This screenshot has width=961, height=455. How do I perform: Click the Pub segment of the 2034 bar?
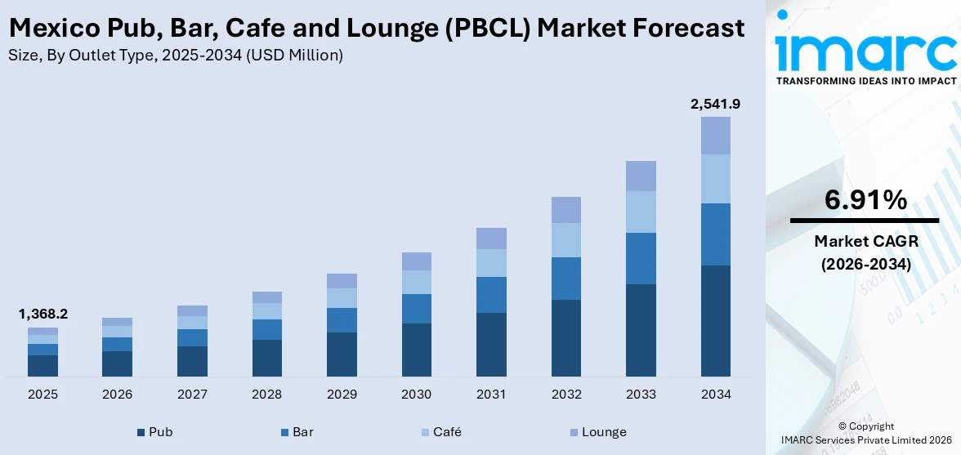click(716, 320)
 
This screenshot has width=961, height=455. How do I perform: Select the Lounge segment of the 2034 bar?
click(716, 136)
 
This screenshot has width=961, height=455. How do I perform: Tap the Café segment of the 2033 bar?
click(641, 212)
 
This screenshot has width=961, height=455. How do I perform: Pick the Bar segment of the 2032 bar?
click(565, 279)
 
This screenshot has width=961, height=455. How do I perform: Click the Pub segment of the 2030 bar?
click(416, 350)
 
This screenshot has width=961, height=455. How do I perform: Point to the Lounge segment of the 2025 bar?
click(42, 331)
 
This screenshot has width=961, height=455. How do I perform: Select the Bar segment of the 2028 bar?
click(266, 329)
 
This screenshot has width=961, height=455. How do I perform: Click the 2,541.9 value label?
click(716, 104)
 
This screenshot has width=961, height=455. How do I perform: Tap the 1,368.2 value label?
click(42, 314)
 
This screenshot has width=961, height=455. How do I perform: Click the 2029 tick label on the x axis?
click(342, 395)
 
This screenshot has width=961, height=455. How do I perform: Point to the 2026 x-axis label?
click(117, 395)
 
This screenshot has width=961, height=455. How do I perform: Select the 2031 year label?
click(491, 395)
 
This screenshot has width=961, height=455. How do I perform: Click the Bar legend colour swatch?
click(284, 432)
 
